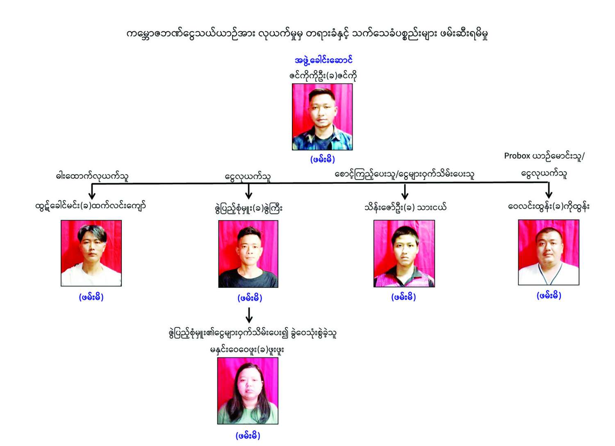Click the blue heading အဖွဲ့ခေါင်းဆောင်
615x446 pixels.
tap(323, 60)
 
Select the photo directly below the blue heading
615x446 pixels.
tap(322, 117)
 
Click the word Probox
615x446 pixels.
tap(517, 156)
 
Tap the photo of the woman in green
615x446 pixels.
tap(248, 391)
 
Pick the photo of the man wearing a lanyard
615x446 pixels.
tap(549, 252)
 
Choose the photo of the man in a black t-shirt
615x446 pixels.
tap(248, 254)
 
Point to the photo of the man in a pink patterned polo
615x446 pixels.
tap(404, 253)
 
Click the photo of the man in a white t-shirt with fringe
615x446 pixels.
tap(91, 253)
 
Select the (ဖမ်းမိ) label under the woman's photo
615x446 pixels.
tap(248, 435)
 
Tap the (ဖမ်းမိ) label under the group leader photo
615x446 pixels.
tap(322, 159)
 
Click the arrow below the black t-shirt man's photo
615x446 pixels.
tap(249, 315)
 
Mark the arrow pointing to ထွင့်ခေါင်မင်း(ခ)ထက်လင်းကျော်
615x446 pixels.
tap(92, 191)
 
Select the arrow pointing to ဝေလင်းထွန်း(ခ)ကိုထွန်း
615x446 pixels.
tap(549, 190)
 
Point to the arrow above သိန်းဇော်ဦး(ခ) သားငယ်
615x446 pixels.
tap(405, 191)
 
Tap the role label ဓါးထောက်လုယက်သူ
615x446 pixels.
tap(92, 176)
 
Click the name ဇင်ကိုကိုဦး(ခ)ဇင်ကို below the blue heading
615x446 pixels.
tap(323, 75)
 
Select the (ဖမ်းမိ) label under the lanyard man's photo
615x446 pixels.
tap(549, 295)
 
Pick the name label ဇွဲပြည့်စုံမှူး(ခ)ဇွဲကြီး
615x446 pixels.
tap(248, 208)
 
